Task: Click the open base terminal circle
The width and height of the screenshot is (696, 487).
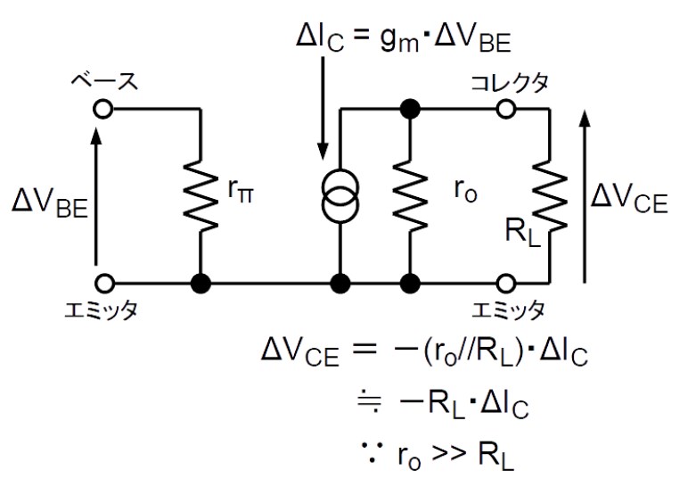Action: pyautogui.click(x=103, y=109)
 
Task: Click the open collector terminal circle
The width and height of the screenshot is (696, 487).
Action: pyautogui.click(x=506, y=109)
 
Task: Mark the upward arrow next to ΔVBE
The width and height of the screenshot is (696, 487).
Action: pyautogui.click(x=95, y=196)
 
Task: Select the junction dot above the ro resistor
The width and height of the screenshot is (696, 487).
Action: pyautogui.click(x=410, y=109)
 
